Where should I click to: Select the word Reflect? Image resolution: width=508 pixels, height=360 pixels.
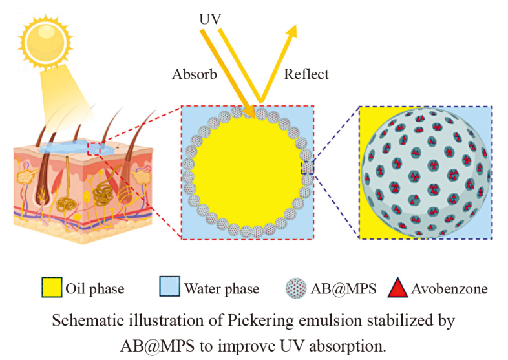point(306,74)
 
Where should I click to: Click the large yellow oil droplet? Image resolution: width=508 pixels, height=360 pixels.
point(247,172)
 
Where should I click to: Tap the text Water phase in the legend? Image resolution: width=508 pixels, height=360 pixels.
point(222,288)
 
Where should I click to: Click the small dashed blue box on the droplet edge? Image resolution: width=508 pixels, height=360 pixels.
point(307,168)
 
